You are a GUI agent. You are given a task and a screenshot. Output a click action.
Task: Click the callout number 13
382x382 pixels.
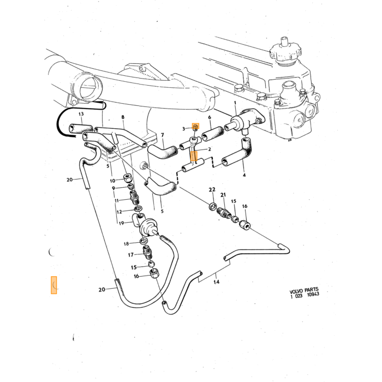click(x=81, y=114)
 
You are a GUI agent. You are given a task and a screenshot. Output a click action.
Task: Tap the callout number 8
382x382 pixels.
click(x=123, y=117)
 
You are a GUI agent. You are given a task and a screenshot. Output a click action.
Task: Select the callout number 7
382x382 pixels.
click(x=163, y=135)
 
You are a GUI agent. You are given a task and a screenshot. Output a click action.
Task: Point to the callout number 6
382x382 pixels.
click(x=210, y=117)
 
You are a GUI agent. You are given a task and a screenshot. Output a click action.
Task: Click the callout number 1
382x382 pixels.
click(x=235, y=103)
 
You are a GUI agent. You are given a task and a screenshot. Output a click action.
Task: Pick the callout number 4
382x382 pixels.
click(x=244, y=175)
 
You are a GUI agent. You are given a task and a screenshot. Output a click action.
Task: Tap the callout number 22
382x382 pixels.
click(x=212, y=189)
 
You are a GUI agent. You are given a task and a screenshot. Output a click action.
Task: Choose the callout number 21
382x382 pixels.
click(x=223, y=195)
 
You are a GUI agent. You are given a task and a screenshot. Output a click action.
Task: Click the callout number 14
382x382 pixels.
click(x=216, y=282)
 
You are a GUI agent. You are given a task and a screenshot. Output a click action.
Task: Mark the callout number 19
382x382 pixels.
click(x=121, y=223)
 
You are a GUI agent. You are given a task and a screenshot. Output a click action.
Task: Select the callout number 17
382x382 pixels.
click(x=131, y=255)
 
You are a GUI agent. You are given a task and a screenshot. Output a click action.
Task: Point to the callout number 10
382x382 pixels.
click(x=112, y=181)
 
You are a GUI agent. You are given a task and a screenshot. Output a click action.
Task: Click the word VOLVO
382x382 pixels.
click(x=296, y=291)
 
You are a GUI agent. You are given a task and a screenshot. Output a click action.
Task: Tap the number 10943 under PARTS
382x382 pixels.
click(x=313, y=295)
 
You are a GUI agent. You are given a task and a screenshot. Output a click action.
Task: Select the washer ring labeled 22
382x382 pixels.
click(x=213, y=206)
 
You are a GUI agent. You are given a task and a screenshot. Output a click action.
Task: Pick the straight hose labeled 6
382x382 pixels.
click(x=212, y=133)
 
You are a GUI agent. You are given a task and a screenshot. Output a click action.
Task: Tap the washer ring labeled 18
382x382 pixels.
click(x=144, y=241)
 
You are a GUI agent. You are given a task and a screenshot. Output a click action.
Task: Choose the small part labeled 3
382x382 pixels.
click(x=195, y=127)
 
